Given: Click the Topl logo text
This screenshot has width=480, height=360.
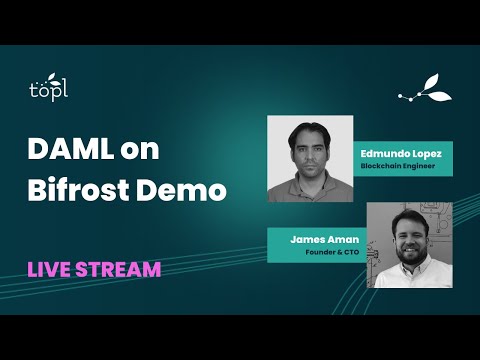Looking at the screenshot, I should tap(48, 89).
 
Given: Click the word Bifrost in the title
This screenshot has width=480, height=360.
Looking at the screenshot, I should tap(76, 189).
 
